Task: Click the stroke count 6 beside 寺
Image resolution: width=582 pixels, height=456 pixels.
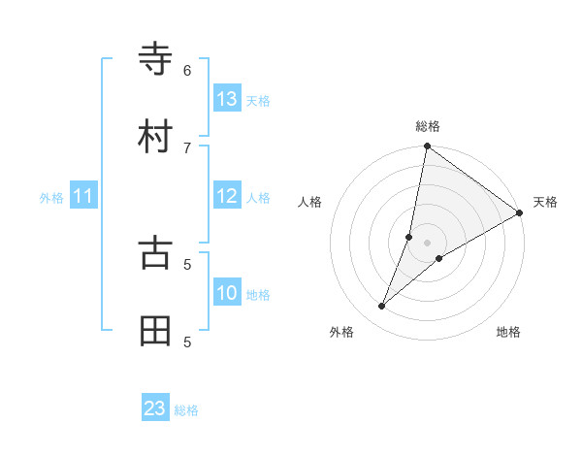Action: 187,70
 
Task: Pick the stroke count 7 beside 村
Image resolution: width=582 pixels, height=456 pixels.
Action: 187,147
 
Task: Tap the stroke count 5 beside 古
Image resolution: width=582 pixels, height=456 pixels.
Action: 187,263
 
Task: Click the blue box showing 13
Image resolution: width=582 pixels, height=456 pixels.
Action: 227,98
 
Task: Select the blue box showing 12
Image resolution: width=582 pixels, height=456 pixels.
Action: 227,196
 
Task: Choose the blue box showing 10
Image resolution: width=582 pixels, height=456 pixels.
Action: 227,292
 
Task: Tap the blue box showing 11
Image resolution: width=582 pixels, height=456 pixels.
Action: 83,196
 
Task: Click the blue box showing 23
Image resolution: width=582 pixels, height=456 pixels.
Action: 155,408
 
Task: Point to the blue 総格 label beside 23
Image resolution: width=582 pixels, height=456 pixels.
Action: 186,410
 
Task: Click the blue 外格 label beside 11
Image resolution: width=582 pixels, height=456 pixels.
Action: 51,198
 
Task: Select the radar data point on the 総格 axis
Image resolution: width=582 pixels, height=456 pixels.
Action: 427,147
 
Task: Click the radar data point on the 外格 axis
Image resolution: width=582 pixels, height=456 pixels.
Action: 382,307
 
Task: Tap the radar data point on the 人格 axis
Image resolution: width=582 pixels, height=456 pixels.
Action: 409,236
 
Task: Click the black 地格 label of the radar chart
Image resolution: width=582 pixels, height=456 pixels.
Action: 508,332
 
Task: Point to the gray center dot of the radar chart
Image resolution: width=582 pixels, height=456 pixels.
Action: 427,243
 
